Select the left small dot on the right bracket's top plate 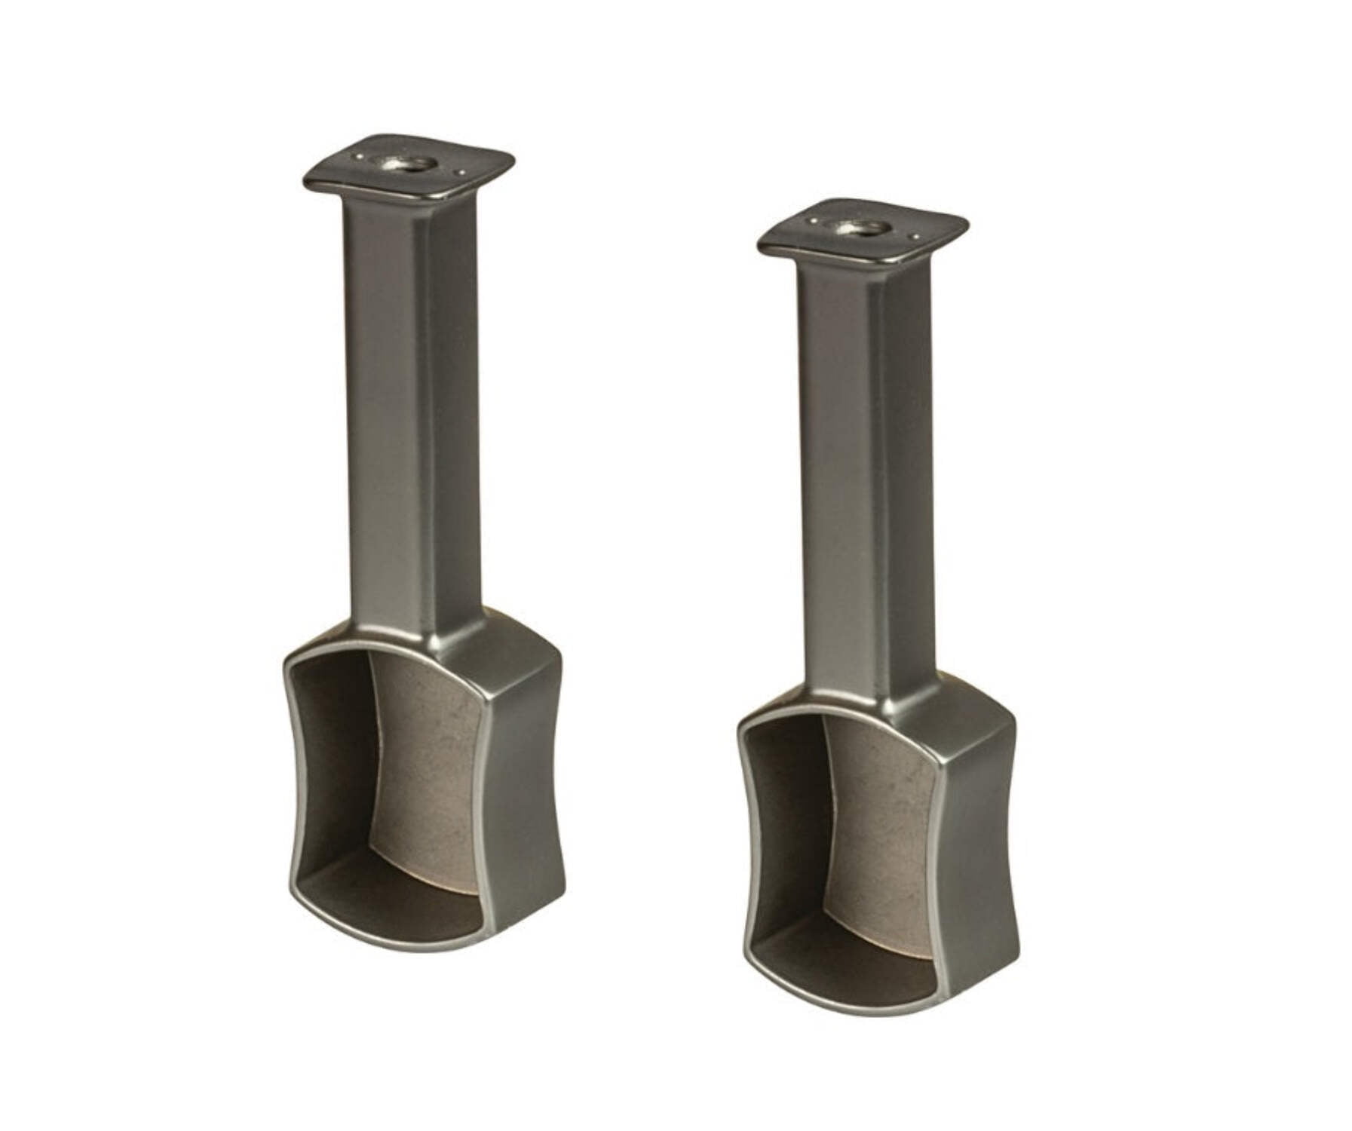[814, 221]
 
